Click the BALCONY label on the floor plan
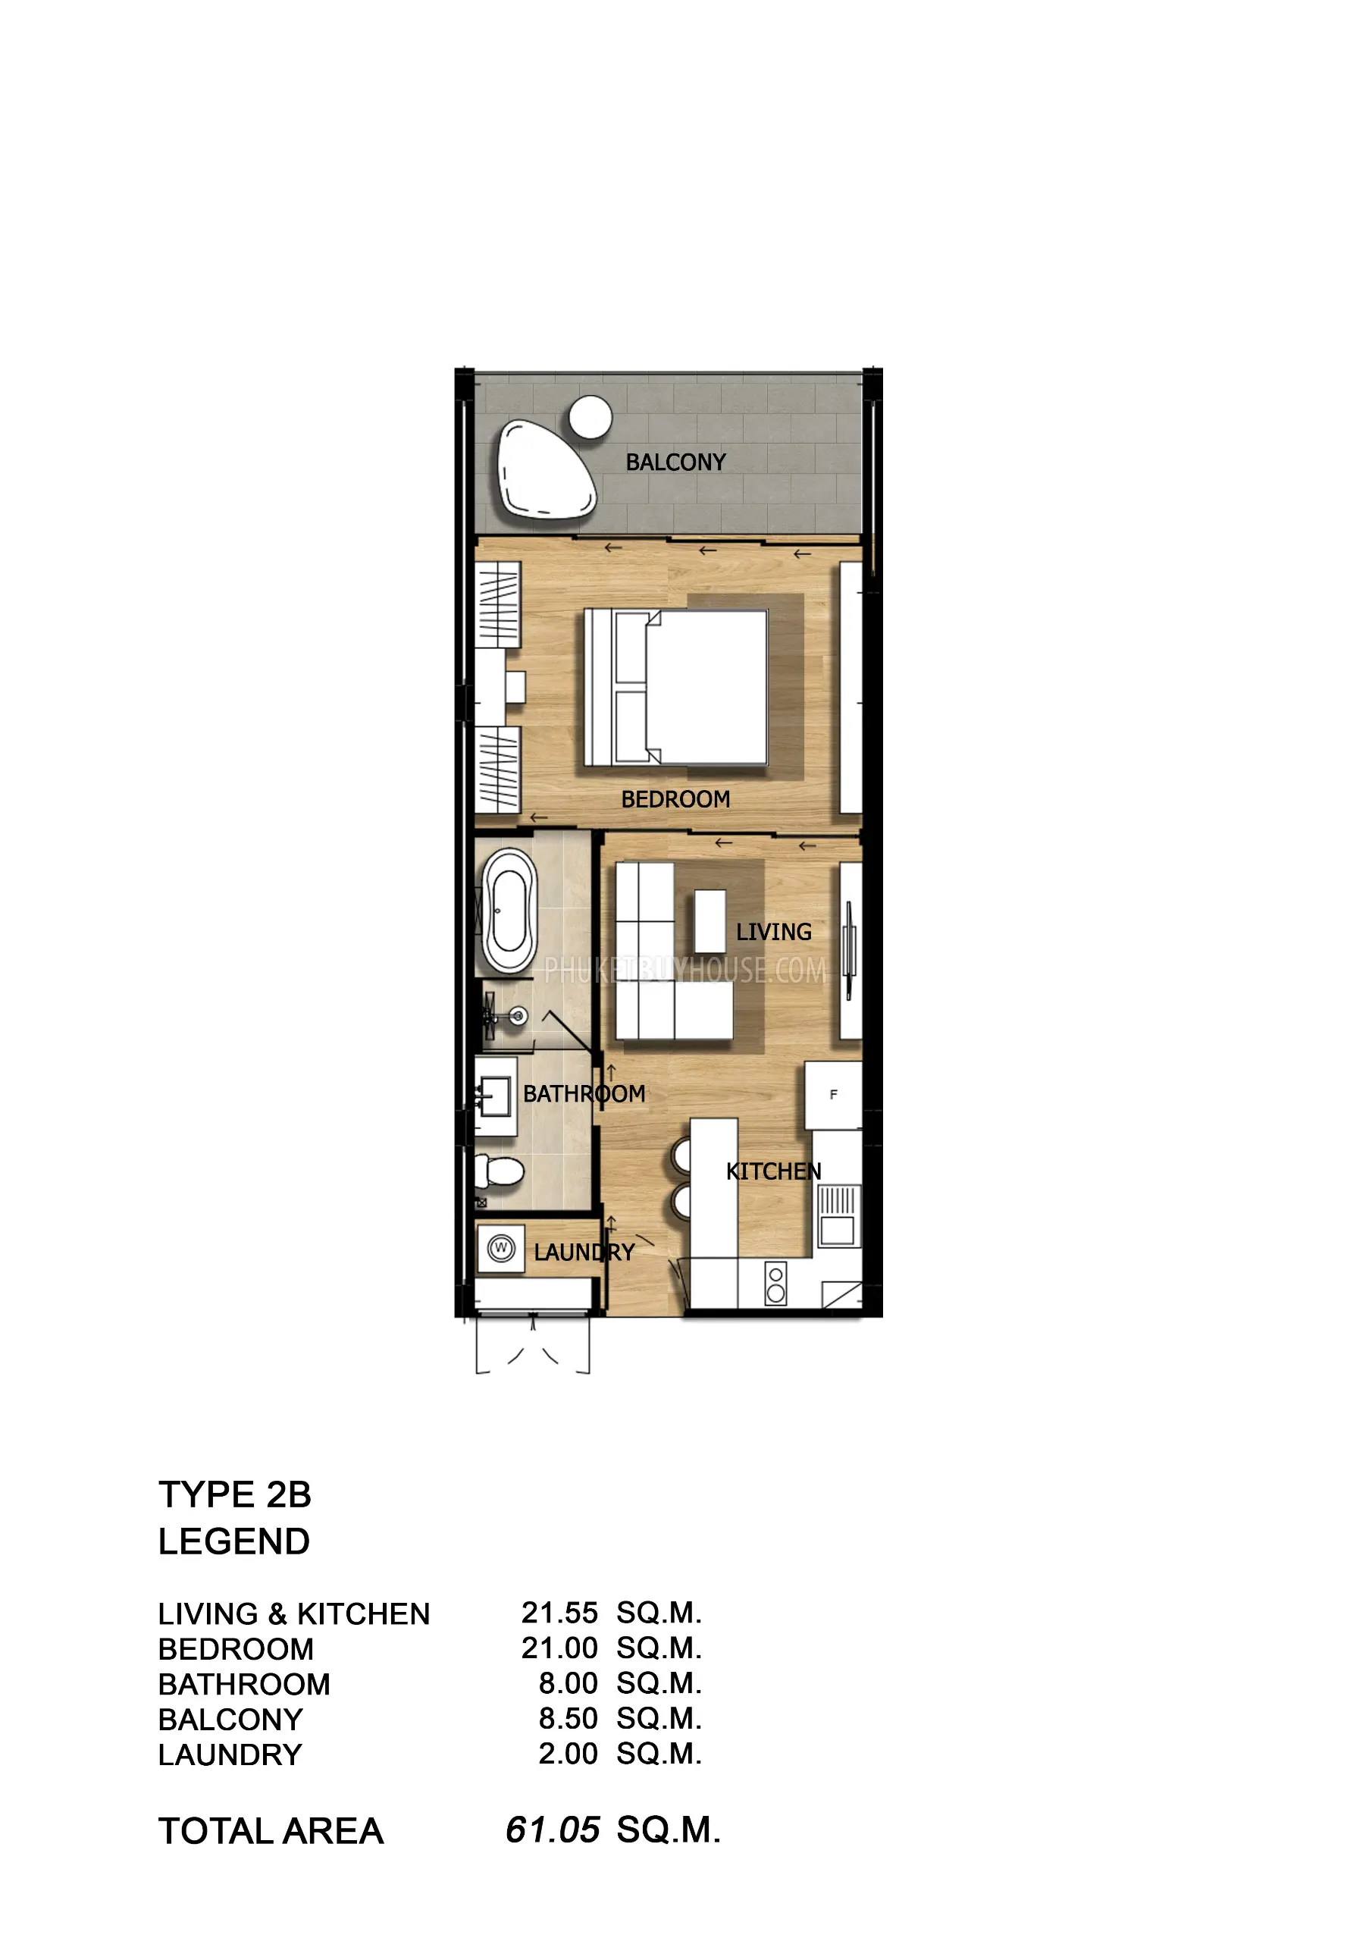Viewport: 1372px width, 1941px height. tap(675, 463)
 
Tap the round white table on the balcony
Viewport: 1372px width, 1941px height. tap(590, 417)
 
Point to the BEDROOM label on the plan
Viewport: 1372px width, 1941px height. tap(675, 800)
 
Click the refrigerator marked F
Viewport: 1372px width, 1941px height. tap(834, 1095)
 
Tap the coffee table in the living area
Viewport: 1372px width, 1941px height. tap(710, 921)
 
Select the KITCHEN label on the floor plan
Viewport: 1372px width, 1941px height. tap(773, 1171)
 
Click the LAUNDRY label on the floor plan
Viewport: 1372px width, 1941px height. tap(584, 1253)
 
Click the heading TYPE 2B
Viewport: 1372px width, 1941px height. tap(235, 1495)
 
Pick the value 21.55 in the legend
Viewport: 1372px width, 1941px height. tap(559, 1613)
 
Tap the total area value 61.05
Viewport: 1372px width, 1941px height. tap(553, 1830)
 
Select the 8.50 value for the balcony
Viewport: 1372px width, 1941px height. tap(568, 1719)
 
